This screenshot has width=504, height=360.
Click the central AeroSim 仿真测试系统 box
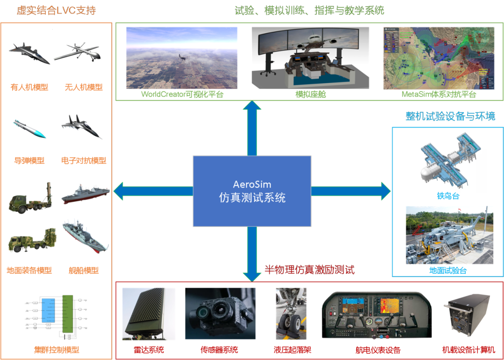click(x=252, y=191)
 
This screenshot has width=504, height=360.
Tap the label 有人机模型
click(x=29, y=87)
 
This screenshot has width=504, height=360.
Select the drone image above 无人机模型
click(x=77, y=52)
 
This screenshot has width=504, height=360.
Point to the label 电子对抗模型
click(x=84, y=160)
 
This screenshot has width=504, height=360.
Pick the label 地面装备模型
click(x=29, y=270)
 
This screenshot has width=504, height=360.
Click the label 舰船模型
click(x=84, y=270)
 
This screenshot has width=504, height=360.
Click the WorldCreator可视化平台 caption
click(x=182, y=94)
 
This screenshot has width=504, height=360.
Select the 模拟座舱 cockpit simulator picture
click(x=310, y=57)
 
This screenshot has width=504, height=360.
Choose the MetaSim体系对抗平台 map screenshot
click(x=439, y=58)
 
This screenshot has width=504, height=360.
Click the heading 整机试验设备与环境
click(x=450, y=116)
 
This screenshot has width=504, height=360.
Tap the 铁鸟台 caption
click(x=448, y=196)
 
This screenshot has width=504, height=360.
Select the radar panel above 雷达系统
click(x=148, y=313)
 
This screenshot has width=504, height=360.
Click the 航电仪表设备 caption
click(x=378, y=350)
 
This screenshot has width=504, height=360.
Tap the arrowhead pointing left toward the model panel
click(x=119, y=191)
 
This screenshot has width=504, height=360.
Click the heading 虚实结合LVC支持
click(x=56, y=10)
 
